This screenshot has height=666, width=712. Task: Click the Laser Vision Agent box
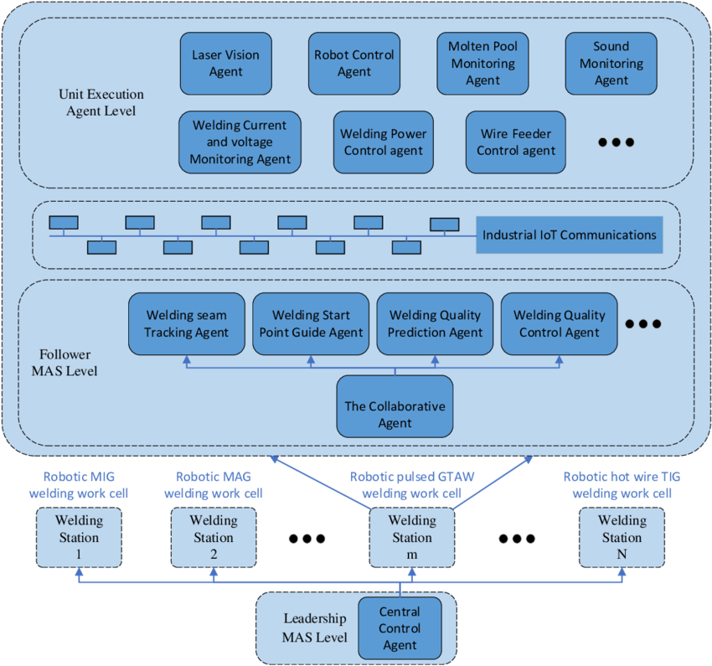(x=225, y=64)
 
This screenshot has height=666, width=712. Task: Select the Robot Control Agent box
(x=354, y=64)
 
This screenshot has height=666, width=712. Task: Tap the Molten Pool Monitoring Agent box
(x=482, y=64)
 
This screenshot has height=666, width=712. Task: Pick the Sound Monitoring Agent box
(x=611, y=64)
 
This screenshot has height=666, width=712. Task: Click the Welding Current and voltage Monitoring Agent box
(x=240, y=142)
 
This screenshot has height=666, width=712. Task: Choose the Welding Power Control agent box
(x=384, y=142)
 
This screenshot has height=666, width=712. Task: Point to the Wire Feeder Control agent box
(x=516, y=142)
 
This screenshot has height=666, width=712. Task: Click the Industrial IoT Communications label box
(x=570, y=235)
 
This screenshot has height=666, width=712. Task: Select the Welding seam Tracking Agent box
(x=187, y=323)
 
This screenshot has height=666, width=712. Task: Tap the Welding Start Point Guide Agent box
(x=311, y=323)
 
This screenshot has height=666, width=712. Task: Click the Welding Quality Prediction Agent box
(x=435, y=323)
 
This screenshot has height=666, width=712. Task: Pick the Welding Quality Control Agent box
(x=560, y=323)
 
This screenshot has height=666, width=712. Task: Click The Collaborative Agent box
(x=395, y=406)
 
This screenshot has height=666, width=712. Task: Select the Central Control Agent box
(x=400, y=628)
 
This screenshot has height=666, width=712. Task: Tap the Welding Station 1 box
(x=79, y=538)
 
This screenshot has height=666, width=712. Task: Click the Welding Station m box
(x=412, y=538)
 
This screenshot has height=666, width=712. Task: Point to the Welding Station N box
(x=622, y=538)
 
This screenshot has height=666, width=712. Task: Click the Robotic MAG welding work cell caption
(x=214, y=485)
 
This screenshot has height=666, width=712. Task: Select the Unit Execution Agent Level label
(x=101, y=102)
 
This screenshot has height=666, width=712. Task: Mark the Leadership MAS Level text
(x=315, y=627)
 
